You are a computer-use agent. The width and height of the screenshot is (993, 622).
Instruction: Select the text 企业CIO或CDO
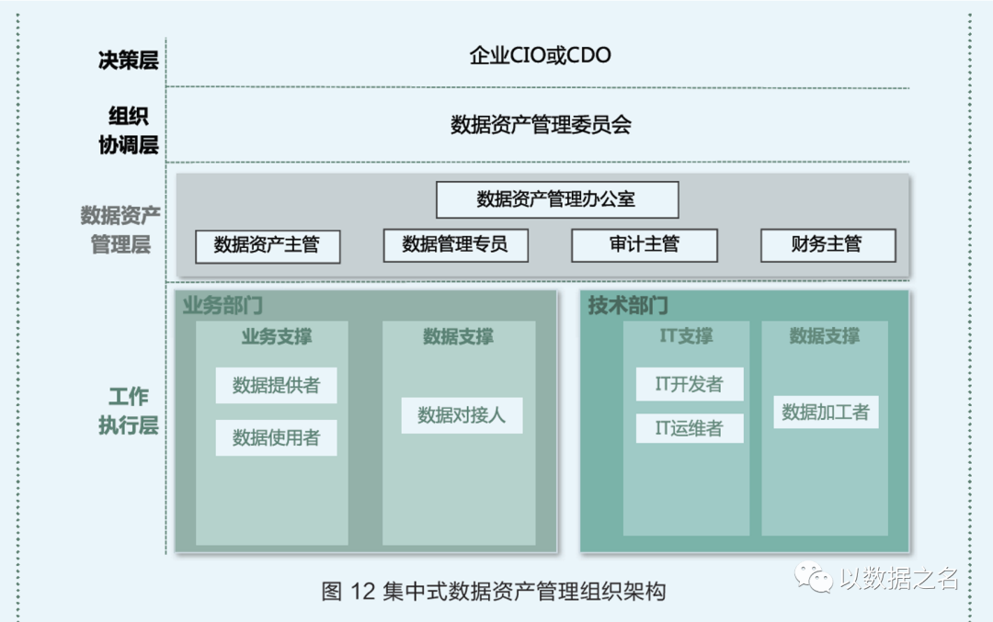click(x=541, y=56)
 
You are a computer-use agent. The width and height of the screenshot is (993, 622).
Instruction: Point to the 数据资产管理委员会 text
click(x=541, y=125)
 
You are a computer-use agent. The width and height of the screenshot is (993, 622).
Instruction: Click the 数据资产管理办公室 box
click(x=556, y=199)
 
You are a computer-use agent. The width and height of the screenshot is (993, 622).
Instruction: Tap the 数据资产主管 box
click(x=267, y=245)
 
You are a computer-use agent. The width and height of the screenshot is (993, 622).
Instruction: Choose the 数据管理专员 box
click(x=455, y=245)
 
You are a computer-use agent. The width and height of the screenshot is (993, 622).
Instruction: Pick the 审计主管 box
click(x=644, y=245)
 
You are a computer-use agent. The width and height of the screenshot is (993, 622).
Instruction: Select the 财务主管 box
click(x=827, y=245)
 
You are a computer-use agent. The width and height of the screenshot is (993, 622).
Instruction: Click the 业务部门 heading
click(x=223, y=306)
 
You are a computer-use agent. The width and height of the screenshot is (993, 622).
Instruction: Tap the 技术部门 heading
click(x=628, y=306)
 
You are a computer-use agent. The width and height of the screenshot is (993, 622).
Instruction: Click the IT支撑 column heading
click(x=686, y=336)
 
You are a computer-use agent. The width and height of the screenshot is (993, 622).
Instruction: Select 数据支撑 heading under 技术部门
click(x=824, y=336)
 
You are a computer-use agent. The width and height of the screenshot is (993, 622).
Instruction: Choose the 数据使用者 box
click(x=276, y=438)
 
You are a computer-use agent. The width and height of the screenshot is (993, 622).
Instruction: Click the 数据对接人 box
click(x=462, y=415)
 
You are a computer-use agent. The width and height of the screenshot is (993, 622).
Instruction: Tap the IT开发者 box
click(x=689, y=384)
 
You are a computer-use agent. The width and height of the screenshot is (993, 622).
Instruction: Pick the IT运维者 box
click(x=689, y=428)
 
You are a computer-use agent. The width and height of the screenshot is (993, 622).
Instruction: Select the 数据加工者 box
click(x=825, y=412)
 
